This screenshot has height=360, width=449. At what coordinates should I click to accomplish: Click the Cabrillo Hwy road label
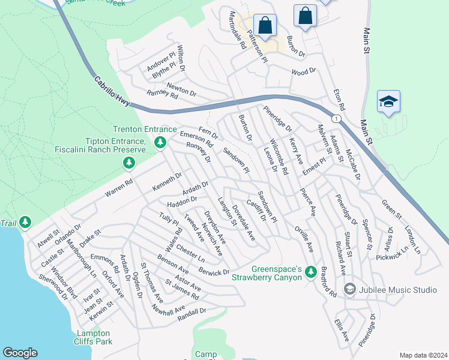point(113,92)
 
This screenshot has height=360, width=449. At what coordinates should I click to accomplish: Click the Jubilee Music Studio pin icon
point(349,290)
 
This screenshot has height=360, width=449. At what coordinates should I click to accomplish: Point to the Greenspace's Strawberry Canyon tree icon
point(310,272)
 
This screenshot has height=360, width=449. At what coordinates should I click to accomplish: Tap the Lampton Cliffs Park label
point(93,337)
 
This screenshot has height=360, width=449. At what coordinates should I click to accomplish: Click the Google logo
point(20,353)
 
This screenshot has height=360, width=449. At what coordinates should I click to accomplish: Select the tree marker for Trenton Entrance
point(160,142)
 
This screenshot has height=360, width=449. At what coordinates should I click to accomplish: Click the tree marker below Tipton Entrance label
point(128,163)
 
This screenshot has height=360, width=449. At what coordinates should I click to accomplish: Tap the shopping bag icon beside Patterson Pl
point(265,26)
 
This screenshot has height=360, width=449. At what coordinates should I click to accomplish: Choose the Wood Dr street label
point(303,71)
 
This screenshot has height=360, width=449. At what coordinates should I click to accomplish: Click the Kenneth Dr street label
point(166,179)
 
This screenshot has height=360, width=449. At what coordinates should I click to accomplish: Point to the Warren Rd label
point(118,187)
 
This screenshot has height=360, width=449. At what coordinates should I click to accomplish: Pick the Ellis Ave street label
point(342,330)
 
